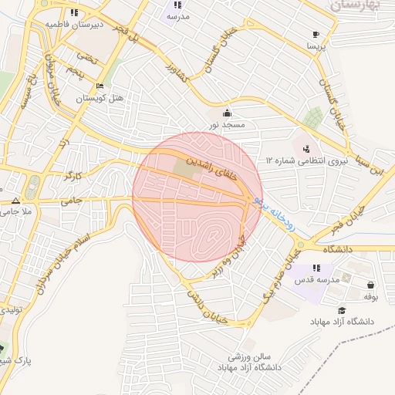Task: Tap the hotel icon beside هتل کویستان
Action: click(x=100, y=86)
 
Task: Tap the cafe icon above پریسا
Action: click(x=316, y=34)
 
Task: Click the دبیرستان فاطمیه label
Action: click(x=73, y=25)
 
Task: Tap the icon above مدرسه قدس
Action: click(x=316, y=268)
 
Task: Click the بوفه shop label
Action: click(x=370, y=295)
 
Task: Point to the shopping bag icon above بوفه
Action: click(x=371, y=283)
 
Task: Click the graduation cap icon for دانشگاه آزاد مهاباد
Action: click(x=341, y=309)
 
